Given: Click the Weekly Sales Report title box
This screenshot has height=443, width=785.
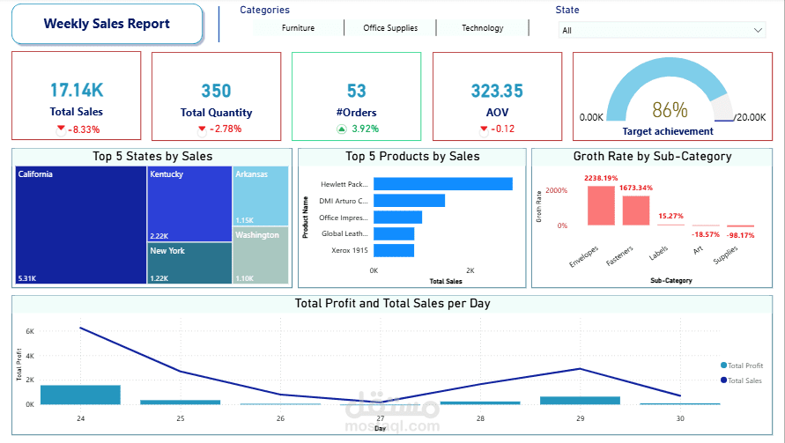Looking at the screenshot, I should coord(107,24).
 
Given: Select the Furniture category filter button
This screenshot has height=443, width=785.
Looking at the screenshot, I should coord(298,28).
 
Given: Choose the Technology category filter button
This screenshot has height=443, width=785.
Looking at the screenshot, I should coord(482,28).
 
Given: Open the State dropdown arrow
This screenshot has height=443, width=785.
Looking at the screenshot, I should coord(759,30).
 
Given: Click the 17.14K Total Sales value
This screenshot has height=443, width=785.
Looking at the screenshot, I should coord(76,90).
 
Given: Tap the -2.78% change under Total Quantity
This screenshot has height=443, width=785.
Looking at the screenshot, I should coord(226,129).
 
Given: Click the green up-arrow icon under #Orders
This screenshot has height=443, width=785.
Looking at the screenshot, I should coord(341,129).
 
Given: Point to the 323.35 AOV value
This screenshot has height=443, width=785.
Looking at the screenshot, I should coord(496,91).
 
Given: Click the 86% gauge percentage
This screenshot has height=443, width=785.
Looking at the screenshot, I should coord(670,110).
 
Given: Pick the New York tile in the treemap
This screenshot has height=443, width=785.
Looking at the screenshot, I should coord(189,263).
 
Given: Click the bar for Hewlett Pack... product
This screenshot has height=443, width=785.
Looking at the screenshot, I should coord(442,184).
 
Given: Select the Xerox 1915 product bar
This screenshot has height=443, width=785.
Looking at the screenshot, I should coord(393,251).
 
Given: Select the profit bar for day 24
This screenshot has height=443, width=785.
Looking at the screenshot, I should coord(80,395).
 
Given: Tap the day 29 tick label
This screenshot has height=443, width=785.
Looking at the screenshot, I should coord(579,418).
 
